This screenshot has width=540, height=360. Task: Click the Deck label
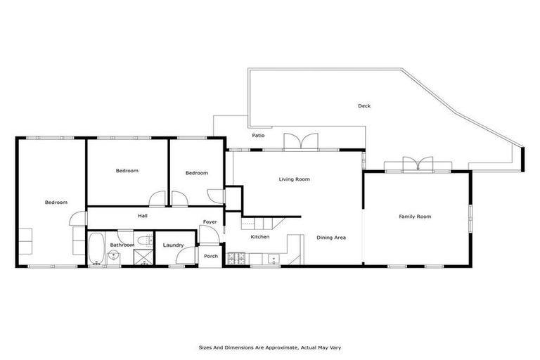[364, 106]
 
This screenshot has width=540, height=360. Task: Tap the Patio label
[258, 135]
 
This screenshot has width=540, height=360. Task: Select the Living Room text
[294, 179]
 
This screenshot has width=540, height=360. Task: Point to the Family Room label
[415, 217]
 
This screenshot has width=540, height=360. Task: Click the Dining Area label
[330, 237]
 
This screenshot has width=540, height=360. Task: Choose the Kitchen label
[260, 237]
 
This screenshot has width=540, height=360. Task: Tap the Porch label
[211, 256]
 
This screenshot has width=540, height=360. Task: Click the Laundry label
[173, 245]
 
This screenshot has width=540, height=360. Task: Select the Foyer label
[210, 222]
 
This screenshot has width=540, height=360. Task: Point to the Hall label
[142, 216]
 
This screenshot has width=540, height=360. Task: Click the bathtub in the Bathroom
[96, 248]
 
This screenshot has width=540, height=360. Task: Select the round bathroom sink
[112, 256]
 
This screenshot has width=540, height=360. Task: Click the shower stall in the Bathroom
[143, 259]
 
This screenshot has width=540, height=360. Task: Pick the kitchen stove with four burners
[238, 259]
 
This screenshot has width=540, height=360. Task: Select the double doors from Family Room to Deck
[419, 165]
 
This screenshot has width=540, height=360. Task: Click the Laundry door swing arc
[176, 262]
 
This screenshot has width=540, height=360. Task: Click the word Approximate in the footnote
[271, 347]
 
